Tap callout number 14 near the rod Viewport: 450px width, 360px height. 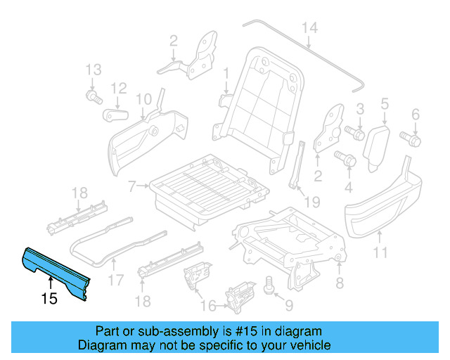[310, 27]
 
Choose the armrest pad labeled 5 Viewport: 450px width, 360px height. [376, 143]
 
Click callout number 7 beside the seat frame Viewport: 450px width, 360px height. [131, 187]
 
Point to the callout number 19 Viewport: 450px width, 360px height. [311, 202]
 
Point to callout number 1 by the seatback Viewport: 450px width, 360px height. [226, 72]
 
